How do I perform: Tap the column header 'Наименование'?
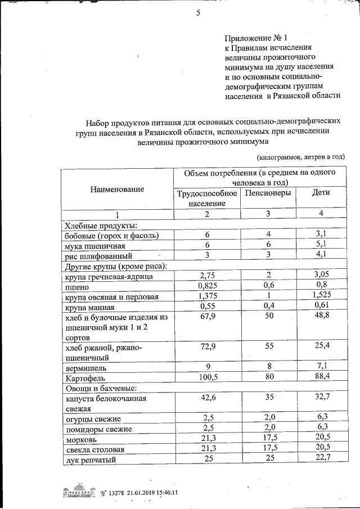click(x=117, y=190)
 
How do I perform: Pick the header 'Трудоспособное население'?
click(x=206, y=197)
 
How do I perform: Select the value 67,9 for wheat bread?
click(x=206, y=317)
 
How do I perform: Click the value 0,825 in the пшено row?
click(x=206, y=286)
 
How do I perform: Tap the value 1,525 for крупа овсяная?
click(x=321, y=296)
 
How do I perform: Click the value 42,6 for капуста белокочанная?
click(x=206, y=398)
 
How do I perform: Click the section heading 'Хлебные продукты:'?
click(x=98, y=225)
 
